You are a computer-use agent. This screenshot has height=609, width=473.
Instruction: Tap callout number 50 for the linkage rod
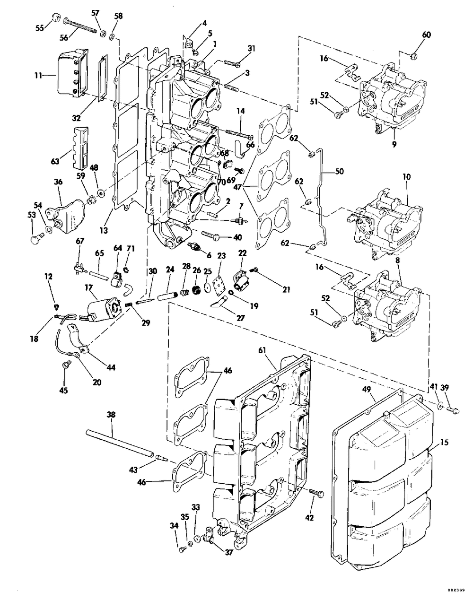(x=340, y=171)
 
